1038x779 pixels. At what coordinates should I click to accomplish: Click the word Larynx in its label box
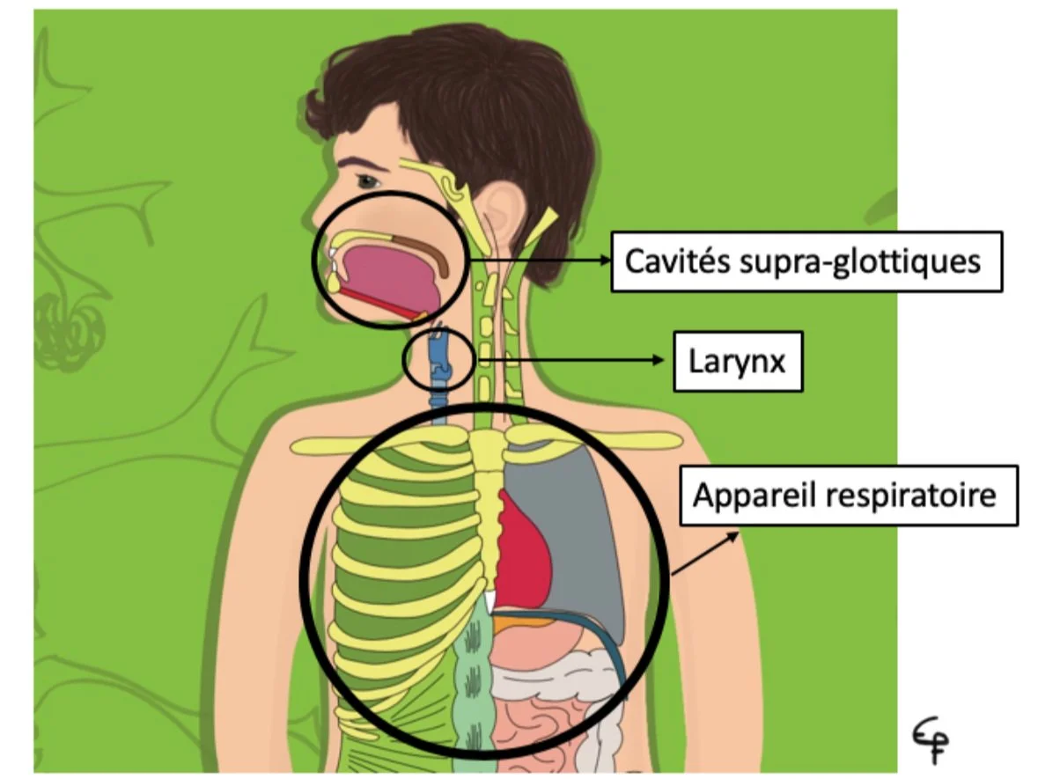tap(737, 361)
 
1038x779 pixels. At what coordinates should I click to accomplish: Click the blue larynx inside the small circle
tap(438, 361)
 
